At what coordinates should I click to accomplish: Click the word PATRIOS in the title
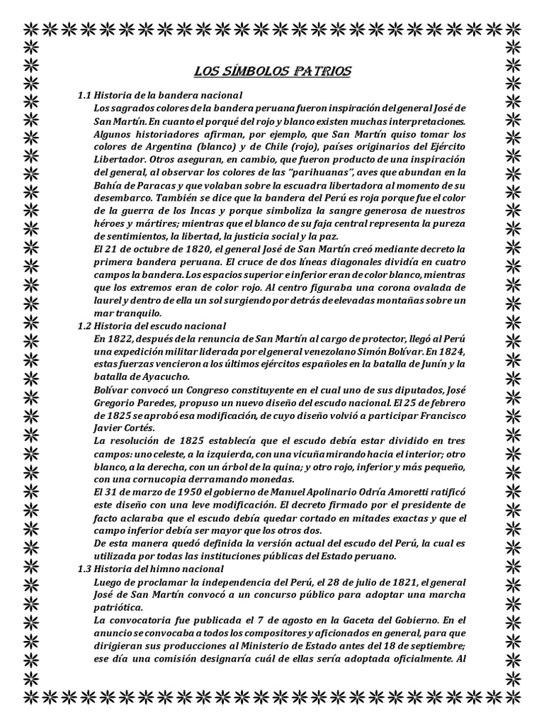(x=322, y=72)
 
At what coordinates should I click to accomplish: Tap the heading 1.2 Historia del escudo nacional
(x=152, y=326)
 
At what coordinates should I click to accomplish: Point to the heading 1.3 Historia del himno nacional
(x=150, y=569)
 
